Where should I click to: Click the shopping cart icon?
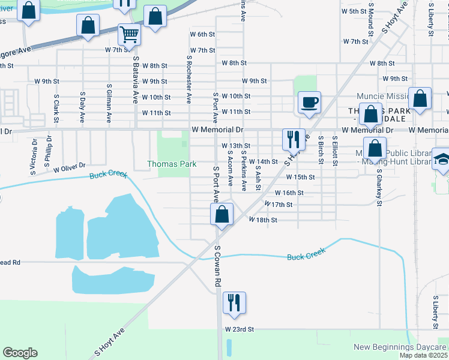pyautogui.click(x=129, y=35)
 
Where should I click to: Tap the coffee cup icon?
pyautogui.click(x=309, y=103)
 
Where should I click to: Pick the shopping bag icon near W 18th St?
pyautogui.click(x=221, y=214)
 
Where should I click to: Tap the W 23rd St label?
pyautogui.click(x=240, y=329)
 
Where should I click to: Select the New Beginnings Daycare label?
pyautogui.click(x=400, y=347)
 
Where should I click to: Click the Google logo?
pyautogui.click(x=20, y=353)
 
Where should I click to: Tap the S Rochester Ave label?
pyautogui.click(x=188, y=79)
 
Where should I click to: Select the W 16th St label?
pyautogui.click(x=289, y=193)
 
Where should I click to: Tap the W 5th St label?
pyautogui.click(x=354, y=11)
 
